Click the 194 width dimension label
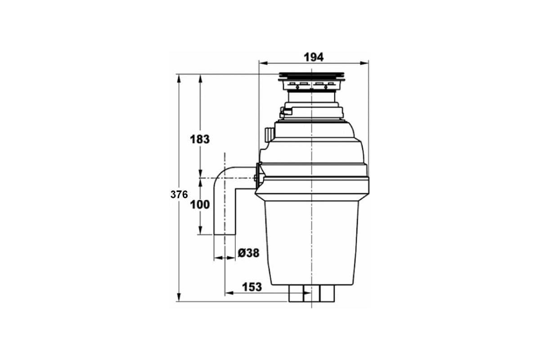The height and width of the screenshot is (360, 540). [x=313, y=58]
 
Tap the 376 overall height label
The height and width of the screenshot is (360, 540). [x=179, y=194]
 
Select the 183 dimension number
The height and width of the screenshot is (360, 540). [x=200, y=139]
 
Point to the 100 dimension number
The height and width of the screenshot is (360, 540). [x=200, y=205]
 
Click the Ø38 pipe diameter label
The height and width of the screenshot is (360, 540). [x=248, y=253]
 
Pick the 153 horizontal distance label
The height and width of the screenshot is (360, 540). [x=252, y=287]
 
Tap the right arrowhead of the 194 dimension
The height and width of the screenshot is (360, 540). [x=364, y=63]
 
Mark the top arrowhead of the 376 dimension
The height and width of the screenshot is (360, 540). [x=179, y=79]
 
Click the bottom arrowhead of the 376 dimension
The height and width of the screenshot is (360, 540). [x=179, y=297]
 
